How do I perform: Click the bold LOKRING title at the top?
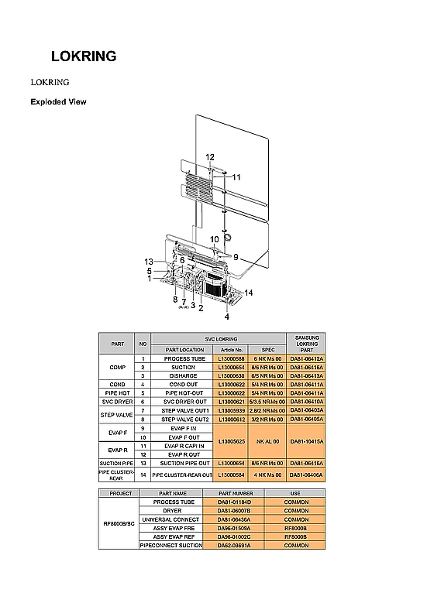point(84,57)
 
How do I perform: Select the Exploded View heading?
point(58,101)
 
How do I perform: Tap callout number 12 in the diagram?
point(210,157)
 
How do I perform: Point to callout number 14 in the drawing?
point(249,292)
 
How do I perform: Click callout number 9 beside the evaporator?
point(236,257)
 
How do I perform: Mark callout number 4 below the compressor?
point(227,317)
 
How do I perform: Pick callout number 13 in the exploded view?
point(149,262)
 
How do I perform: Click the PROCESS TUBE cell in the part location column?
point(184,359)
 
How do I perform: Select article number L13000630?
point(231,375)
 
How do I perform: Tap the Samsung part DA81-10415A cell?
point(306,440)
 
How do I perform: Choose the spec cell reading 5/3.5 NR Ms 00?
point(267,402)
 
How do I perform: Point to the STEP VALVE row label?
point(118,415)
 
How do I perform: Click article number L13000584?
point(231,475)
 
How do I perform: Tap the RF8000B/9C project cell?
point(119,523)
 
